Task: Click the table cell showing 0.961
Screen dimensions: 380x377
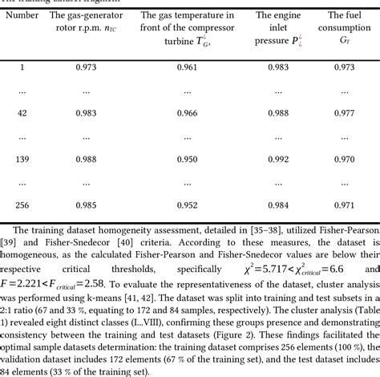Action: (186, 67)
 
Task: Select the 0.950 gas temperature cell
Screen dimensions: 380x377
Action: (186, 159)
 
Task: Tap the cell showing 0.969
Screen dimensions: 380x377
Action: (344, 159)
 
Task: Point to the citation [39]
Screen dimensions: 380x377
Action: (11, 242)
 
